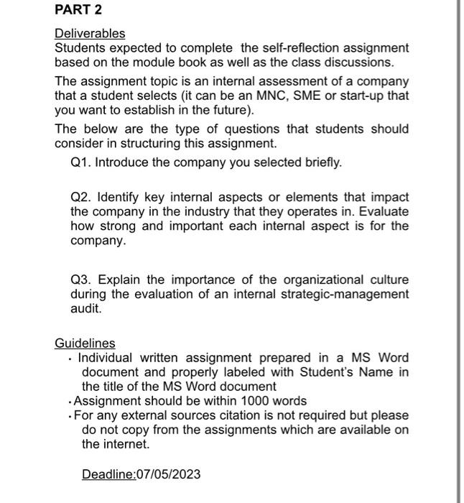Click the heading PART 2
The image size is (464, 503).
78,10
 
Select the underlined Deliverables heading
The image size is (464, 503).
90,34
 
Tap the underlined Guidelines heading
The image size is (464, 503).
85,343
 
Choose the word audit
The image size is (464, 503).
86,308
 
